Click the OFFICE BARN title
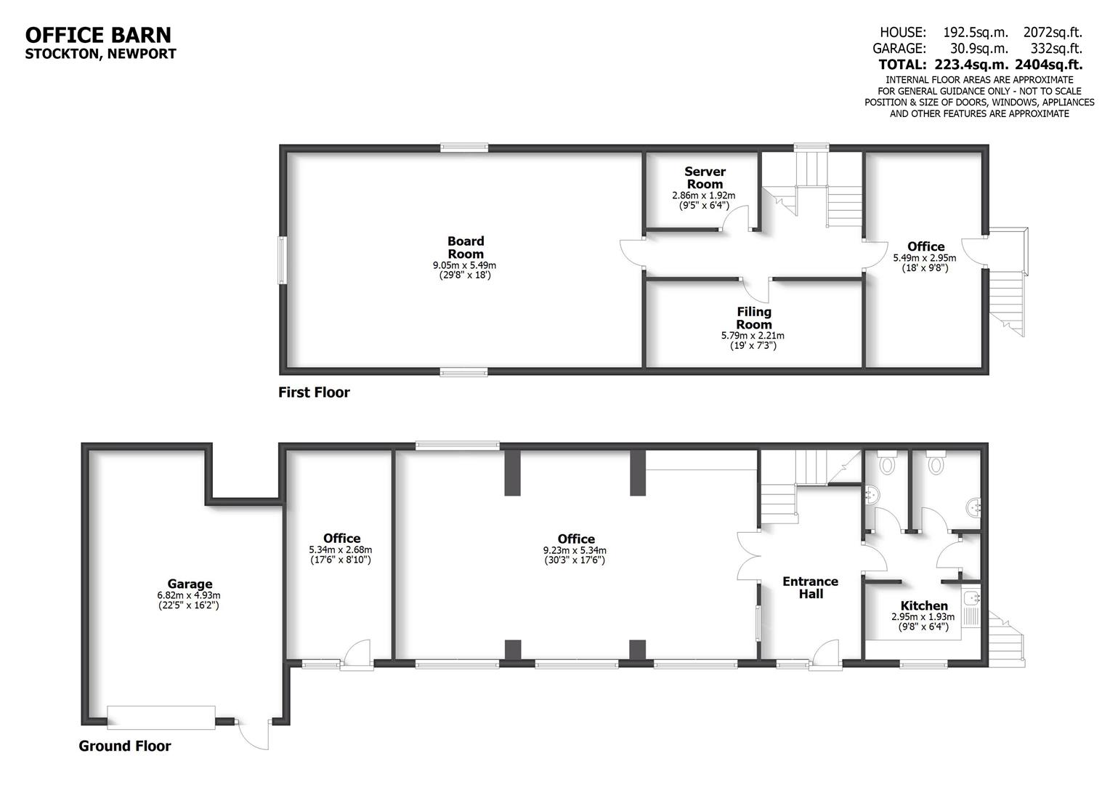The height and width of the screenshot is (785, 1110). tap(98, 34)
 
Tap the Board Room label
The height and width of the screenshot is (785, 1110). tap(465, 247)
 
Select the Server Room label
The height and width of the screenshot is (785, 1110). tap(705, 177)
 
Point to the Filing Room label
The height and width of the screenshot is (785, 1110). tap(753, 318)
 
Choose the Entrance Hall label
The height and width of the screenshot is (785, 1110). tap(810, 587)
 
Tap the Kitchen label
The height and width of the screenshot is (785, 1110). tap(923, 605)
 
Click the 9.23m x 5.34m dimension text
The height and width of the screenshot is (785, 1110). tap(575, 550)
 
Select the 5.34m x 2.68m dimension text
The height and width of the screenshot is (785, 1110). tap(341, 550)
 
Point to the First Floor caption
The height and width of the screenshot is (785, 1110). tap(314, 392)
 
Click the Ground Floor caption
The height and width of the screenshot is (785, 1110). tap(125, 746)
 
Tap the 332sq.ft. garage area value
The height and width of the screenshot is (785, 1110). tap(1056, 48)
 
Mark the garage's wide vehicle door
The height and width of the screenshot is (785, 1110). tap(161, 717)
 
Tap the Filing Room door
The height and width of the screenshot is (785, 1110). tap(759, 289)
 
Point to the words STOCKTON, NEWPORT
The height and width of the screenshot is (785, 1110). tap(100, 53)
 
